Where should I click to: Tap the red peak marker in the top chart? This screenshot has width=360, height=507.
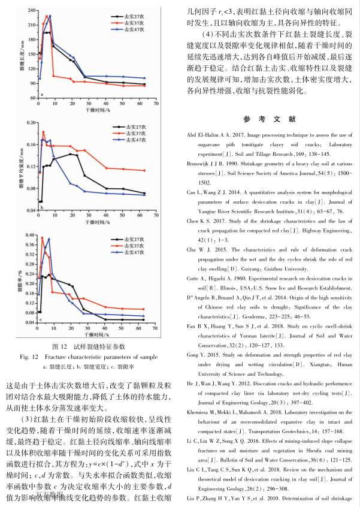[47, 17]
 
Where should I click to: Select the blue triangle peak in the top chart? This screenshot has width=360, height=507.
[50, 16]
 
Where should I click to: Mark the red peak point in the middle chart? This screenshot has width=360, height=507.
[43, 132]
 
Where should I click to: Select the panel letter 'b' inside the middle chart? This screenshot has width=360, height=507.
[41, 207]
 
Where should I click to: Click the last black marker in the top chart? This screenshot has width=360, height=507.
[144, 85]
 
